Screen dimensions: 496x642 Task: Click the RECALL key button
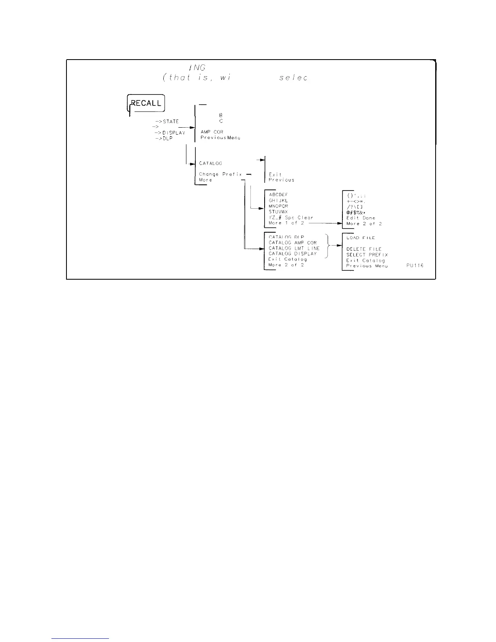click(146, 103)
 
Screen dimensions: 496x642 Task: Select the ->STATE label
click(167, 122)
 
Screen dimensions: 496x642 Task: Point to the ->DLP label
click(164, 138)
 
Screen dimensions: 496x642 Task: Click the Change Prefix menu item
click(220, 174)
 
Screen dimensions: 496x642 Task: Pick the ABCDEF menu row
click(278, 195)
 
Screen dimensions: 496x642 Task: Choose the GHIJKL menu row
click(278, 200)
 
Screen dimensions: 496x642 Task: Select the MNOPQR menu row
click(278, 206)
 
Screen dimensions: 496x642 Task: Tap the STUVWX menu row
click(278, 212)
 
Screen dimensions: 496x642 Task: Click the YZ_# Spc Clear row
click(291, 218)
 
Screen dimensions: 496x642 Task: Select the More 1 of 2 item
click(286, 223)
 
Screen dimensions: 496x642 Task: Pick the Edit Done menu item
click(361, 218)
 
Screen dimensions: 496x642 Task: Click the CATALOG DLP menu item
click(286, 237)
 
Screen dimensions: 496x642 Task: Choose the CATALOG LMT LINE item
click(294, 248)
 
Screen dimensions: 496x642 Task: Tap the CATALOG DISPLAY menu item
click(293, 254)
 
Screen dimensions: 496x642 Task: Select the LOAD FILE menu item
click(361, 238)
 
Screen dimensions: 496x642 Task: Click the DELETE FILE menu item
click(364, 249)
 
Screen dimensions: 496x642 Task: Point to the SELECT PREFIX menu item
click(367, 255)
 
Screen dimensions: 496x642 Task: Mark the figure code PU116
click(415, 265)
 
